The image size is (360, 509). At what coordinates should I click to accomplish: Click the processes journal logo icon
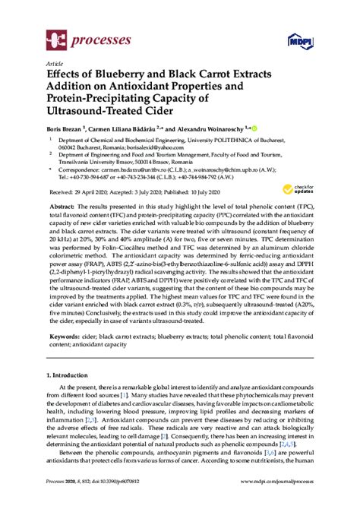(55, 38)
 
